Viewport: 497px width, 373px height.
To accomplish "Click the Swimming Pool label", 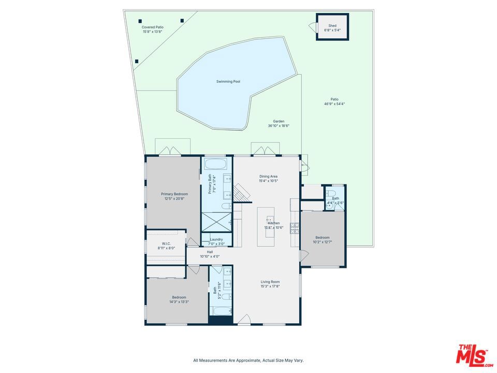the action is (x=228, y=81).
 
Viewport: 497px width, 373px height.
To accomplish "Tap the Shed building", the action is (x=332, y=26).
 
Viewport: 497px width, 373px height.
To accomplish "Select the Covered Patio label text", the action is (x=152, y=27).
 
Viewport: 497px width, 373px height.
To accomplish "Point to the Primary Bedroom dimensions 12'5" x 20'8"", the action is (x=174, y=198).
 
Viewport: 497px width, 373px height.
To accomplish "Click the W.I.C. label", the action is (x=166, y=243).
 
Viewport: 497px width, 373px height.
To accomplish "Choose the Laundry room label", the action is (x=216, y=239).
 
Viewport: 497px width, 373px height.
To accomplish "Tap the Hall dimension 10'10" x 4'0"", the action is (x=210, y=256).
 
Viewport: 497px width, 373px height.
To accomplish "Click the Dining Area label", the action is (x=269, y=176).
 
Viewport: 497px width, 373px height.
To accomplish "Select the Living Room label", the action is (x=270, y=282).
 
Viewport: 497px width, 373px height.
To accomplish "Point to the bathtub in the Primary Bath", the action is (x=215, y=164).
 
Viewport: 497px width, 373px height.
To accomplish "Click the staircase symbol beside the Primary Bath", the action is (x=242, y=192).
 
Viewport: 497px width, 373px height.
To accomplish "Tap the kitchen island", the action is (x=266, y=226).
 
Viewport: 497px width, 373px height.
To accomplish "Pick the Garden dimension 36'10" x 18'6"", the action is (x=279, y=125).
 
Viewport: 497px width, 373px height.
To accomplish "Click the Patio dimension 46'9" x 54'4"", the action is (x=334, y=104).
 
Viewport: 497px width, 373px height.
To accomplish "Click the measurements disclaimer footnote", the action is (x=248, y=361).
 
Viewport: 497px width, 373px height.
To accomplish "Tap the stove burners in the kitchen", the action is (x=295, y=228).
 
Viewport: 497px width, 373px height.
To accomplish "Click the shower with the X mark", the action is (x=216, y=222).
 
